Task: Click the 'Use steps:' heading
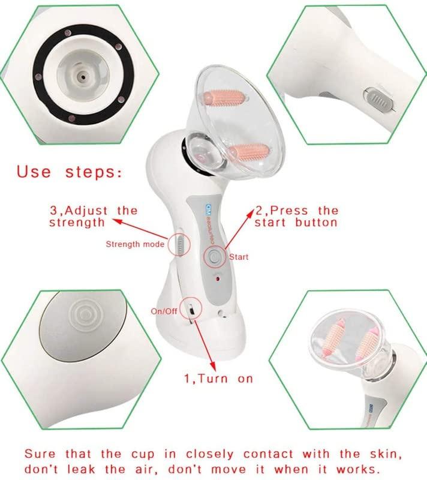(70, 172)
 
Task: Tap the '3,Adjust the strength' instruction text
(94, 216)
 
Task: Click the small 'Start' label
(239, 257)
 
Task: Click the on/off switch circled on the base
(190, 310)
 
